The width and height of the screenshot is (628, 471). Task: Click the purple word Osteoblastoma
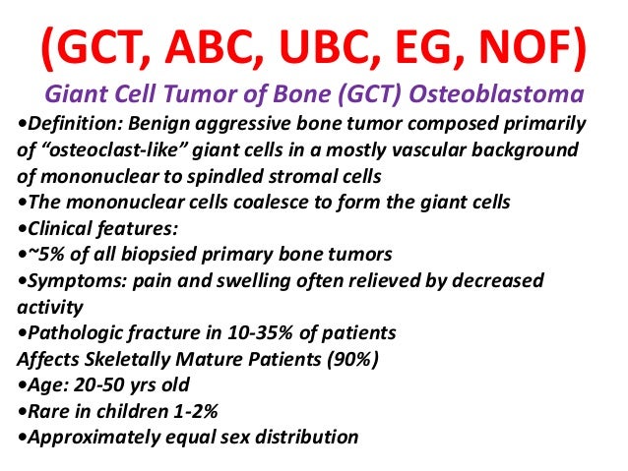pyautogui.click(x=509, y=95)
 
